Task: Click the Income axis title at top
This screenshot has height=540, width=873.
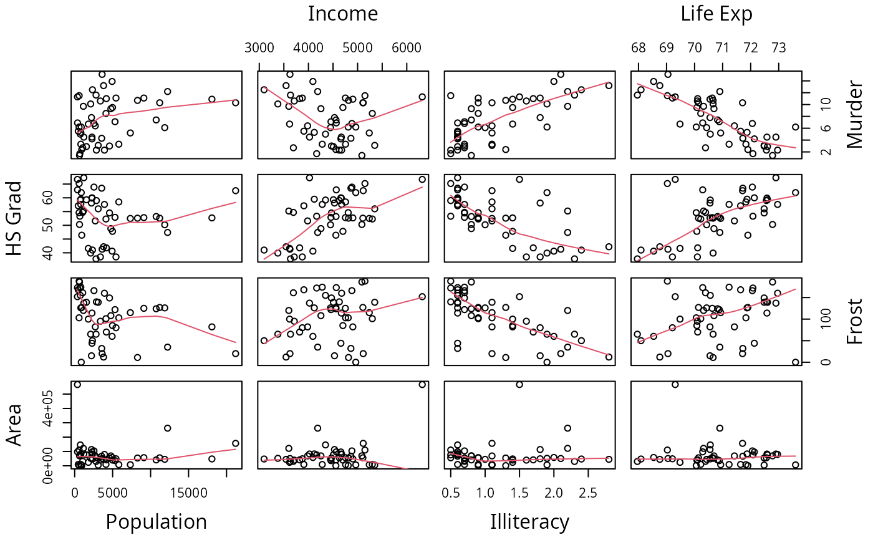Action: [343, 14]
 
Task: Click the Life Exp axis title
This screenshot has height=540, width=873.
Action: [716, 14]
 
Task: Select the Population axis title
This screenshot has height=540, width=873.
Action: [156, 521]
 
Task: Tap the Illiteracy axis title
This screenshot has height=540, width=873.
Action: [529, 521]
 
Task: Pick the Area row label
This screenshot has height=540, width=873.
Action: [14, 424]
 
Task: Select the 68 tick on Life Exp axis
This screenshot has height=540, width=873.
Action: [639, 48]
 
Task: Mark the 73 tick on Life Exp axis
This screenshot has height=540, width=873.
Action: [779, 48]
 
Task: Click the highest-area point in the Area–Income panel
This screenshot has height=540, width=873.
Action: [422, 384]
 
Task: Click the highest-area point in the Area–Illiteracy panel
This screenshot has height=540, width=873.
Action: [519, 384]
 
